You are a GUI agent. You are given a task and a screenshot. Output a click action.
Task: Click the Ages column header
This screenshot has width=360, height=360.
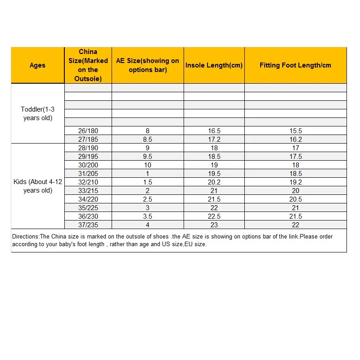(37, 65)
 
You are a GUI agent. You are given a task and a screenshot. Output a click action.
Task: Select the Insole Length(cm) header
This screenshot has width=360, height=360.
(214, 65)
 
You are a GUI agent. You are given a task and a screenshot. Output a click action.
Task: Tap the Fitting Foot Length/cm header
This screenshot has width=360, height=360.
(295, 65)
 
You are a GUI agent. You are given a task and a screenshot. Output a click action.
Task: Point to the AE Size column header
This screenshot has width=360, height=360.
(148, 65)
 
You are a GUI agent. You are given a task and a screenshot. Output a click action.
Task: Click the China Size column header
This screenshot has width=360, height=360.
(88, 65)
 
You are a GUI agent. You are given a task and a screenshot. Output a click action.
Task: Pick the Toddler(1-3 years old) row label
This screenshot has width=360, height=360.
(38, 114)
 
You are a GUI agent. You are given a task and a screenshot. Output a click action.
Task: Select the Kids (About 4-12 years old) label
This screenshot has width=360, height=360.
(38, 186)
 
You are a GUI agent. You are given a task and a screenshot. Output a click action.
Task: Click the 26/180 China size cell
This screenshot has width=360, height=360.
(88, 131)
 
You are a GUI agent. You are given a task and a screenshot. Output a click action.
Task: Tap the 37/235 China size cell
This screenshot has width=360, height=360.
(88, 225)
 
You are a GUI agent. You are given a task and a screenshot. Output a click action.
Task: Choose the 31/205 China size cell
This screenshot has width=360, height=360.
(88, 174)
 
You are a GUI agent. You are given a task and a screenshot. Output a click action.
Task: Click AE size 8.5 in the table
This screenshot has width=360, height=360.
(148, 139)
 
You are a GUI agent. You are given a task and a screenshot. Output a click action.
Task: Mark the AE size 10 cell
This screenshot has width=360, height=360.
(148, 165)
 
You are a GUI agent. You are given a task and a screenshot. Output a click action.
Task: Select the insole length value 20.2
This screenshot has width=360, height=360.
(214, 182)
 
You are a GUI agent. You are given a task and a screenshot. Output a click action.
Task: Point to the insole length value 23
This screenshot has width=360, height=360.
(214, 225)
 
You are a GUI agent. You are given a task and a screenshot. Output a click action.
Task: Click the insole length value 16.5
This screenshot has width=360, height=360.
(214, 131)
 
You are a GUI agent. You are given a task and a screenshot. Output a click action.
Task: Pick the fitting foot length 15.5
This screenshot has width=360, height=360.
(296, 131)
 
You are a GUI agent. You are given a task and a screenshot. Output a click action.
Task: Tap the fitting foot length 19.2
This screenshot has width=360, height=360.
(296, 182)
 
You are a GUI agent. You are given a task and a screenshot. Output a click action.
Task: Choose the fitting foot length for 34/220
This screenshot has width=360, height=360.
(296, 199)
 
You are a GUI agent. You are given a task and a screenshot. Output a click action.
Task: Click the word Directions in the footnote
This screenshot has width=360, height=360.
(25, 236)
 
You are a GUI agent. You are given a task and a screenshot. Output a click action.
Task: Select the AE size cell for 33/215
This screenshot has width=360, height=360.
(148, 191)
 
